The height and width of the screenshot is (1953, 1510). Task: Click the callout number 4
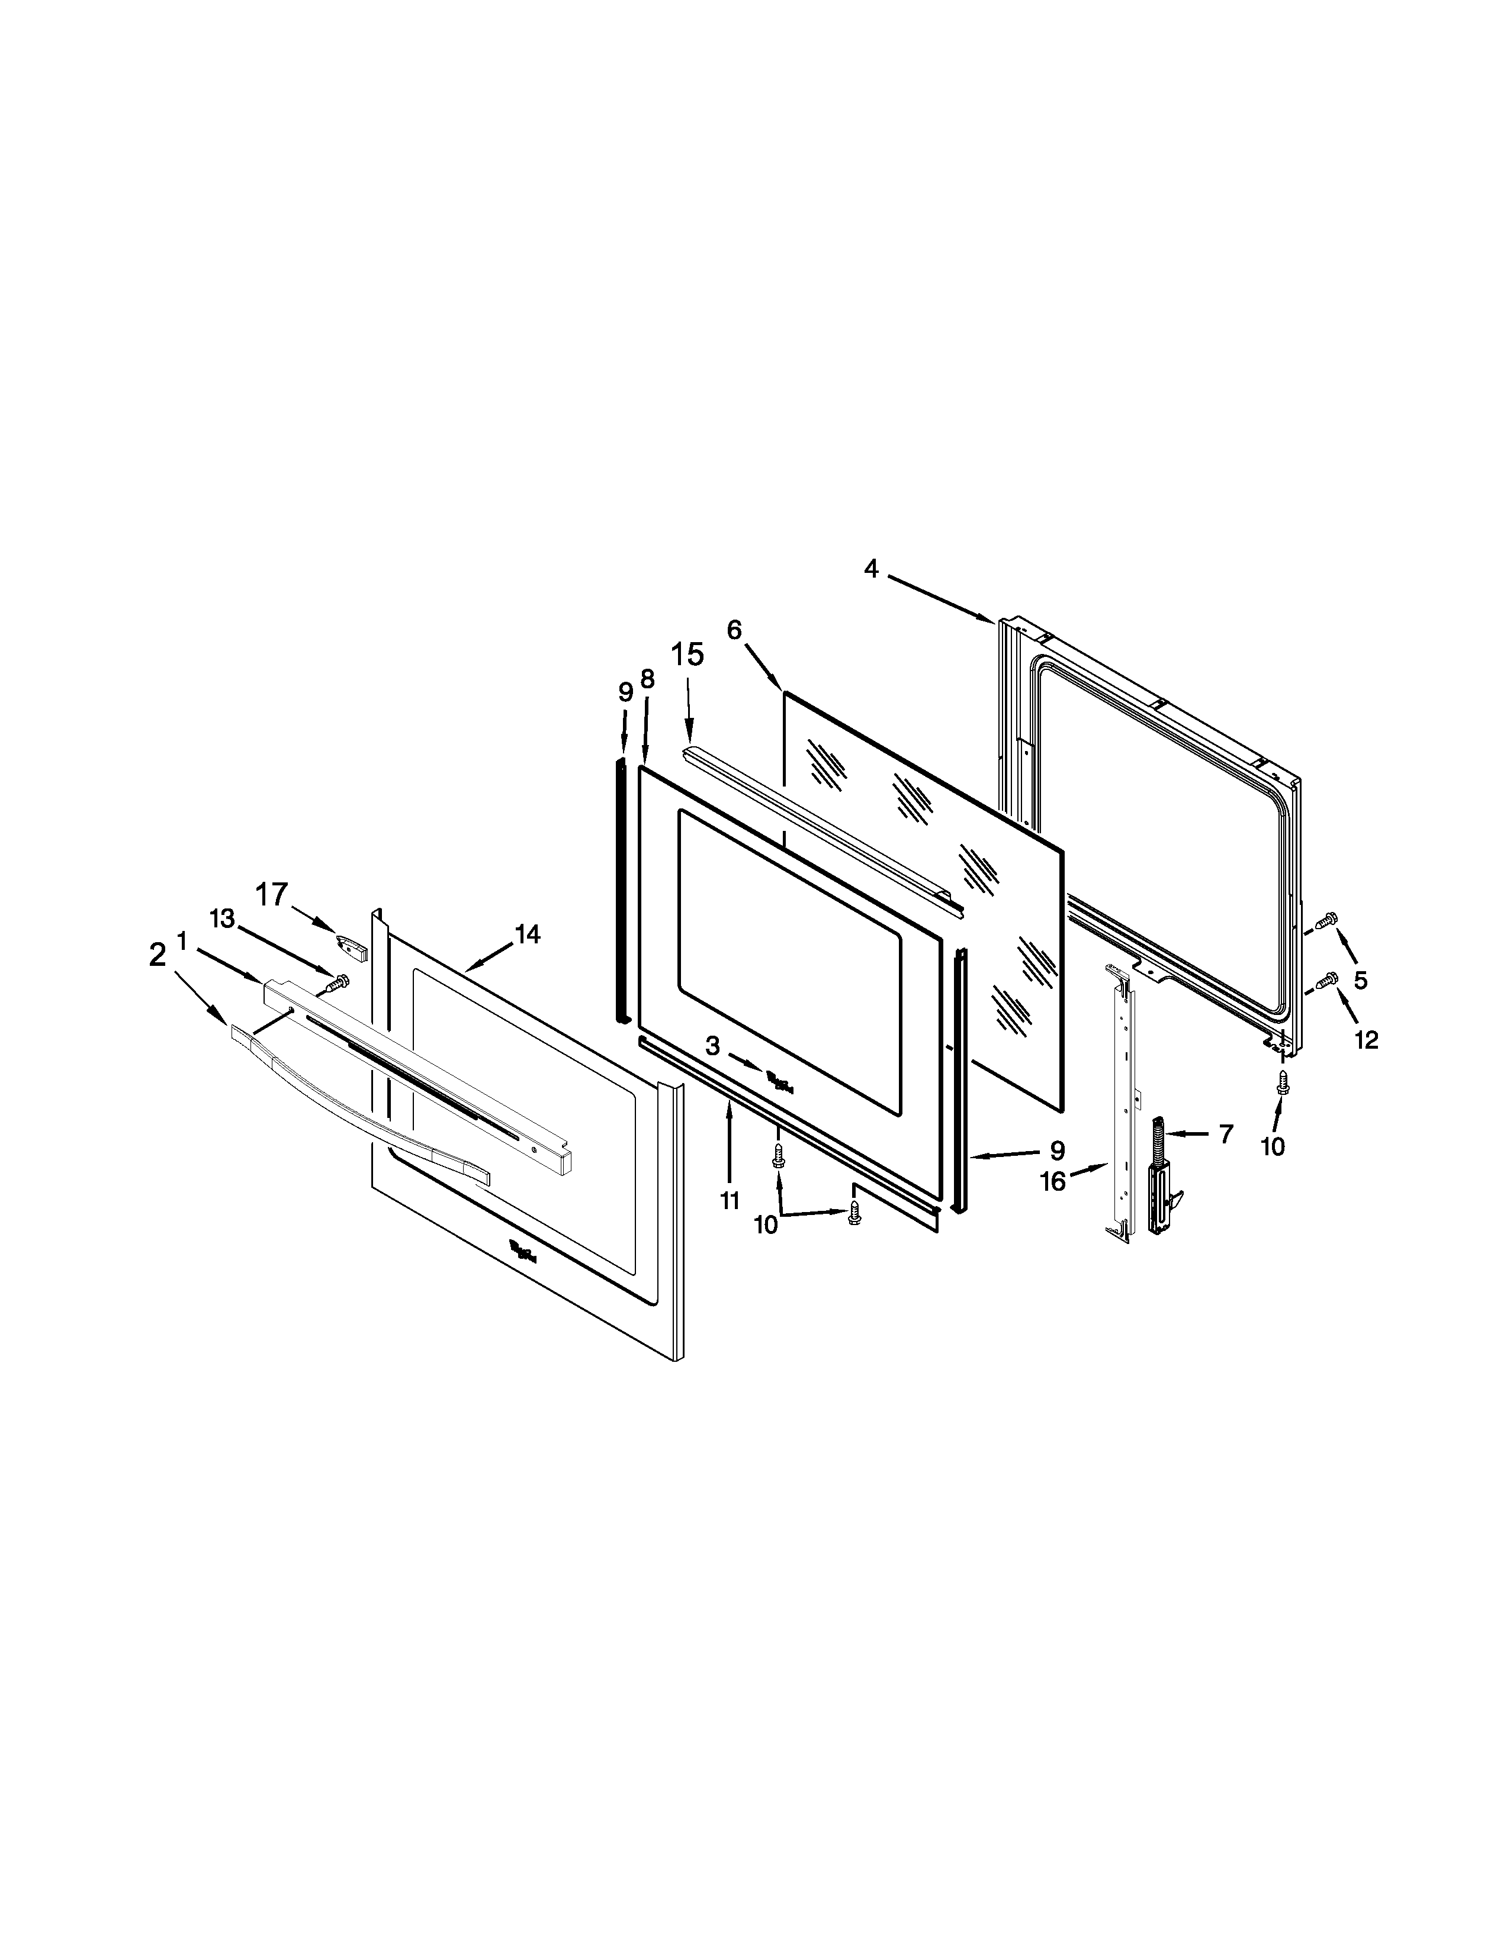[x=871, y=569]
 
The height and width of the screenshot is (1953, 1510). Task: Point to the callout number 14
[x=527, y=934]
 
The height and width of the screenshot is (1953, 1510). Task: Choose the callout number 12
[x=1366, y=1039]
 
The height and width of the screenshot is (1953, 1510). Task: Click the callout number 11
[x=730, y=1201]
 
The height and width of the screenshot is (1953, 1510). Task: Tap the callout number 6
[x=734, y=630]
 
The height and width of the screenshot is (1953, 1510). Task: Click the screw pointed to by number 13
[x=338, y=984]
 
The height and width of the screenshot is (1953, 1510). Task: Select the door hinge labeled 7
[x=1161, y=1178]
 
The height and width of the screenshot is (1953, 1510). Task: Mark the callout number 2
[x=158, y=956]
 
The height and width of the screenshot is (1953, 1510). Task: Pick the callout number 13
[x=222, y=919]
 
